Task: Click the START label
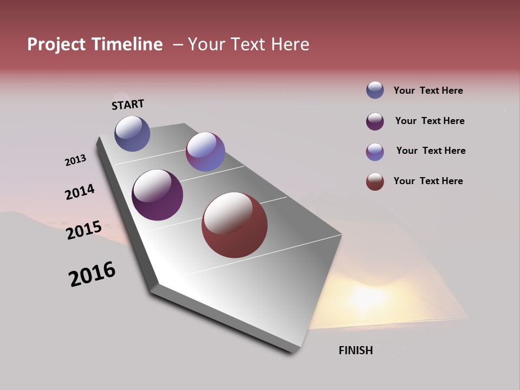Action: coord(128,105)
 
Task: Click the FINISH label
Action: coord(356,350)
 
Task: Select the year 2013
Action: coord(75,160)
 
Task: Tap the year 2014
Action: coord(80,192)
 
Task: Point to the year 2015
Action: coord(84,230)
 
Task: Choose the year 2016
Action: coord(92,274)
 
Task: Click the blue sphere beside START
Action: coord(132,133)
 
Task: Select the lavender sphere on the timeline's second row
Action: coord(205,152)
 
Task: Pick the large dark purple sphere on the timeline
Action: coord(158,195)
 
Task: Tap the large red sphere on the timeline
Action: coord(235,225)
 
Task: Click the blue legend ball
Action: coord(375,90)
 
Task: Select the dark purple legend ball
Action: coord(375,121)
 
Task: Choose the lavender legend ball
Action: coord(375,152)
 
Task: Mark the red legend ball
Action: coord(375,181)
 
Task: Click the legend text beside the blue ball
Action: coord(428,91)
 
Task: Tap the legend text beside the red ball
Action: coord(428,181)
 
